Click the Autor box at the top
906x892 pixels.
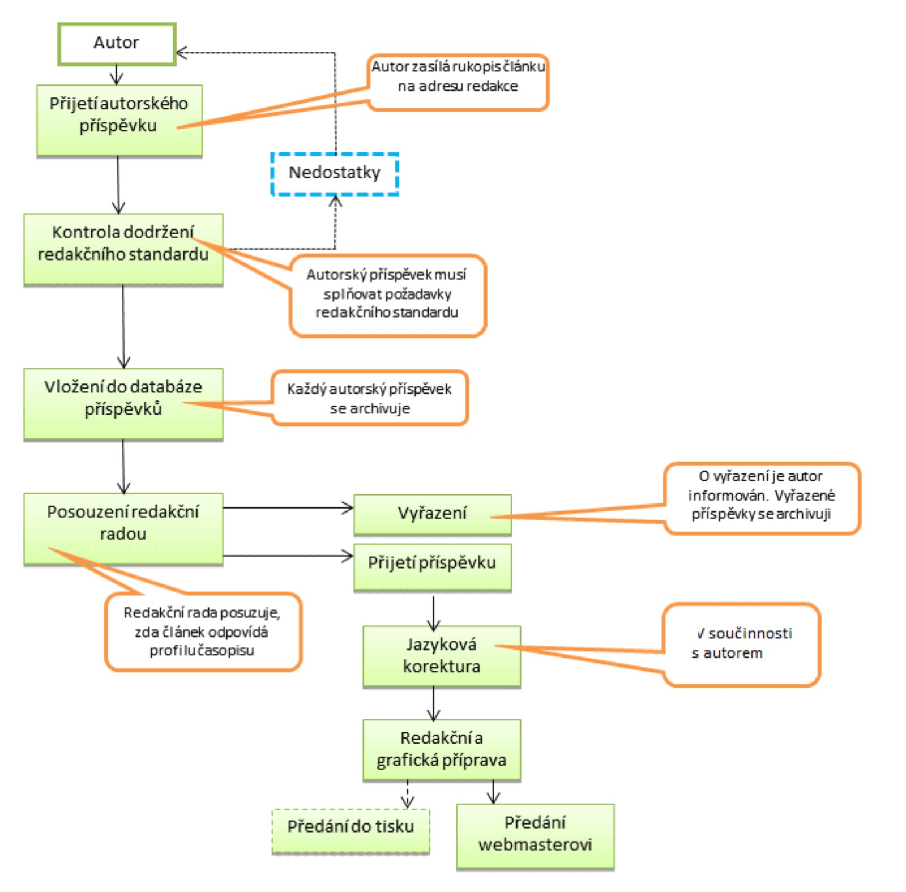(x=117, y=44)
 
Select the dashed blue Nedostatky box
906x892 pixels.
(x=335, y=173)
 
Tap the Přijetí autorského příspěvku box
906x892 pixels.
(x=119, y=120)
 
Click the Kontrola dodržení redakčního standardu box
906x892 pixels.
(x=123, y=249)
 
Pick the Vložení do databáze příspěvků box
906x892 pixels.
(x=123, y=403)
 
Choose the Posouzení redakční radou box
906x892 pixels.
(x=123, y=528)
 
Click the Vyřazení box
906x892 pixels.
(x=432, y=514)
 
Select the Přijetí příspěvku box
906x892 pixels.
(x=432, y=567)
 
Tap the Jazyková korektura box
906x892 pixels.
(x=441, y=656)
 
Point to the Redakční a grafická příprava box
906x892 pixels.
(x=441, y=750)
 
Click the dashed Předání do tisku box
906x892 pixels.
(x=351, y=830)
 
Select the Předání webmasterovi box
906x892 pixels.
(x=535, y=835)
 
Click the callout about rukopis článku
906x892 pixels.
(x=458, y=82)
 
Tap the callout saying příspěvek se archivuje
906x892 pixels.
(x=370, y=398)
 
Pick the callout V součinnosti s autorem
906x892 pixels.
(x=741, y=644)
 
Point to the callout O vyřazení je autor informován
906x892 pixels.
(x=762, y=498)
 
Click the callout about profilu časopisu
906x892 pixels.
(x=203, y=631)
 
